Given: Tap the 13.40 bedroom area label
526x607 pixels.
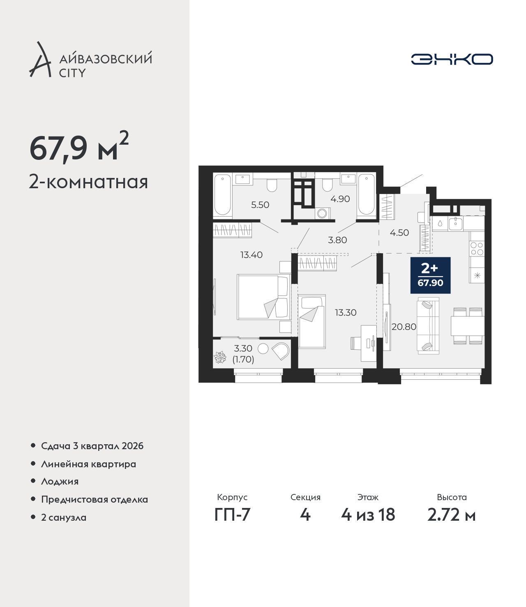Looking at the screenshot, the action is (x=251, y=255).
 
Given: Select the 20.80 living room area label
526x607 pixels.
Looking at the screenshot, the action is (x=404, y=327).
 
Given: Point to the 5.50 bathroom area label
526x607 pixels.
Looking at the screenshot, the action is (x=260, y=205).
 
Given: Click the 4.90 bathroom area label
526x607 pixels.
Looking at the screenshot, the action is (x=340, y=199).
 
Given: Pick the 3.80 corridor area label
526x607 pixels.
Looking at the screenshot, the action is (x=337, y=240).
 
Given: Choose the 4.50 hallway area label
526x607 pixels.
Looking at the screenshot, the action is (x=399, y=233).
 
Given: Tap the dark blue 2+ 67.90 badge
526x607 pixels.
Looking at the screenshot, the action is (x=430, y=275).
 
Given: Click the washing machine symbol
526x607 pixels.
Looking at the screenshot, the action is (x=323, y=213).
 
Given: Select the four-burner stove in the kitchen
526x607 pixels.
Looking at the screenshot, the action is (x=477, y=248).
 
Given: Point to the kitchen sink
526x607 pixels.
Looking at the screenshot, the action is (x=455, y=224).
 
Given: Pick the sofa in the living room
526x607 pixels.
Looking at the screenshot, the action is (x=428, y=325).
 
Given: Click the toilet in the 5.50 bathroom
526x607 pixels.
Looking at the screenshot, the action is (x=272, y=185).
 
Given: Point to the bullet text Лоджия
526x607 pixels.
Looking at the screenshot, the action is (x=60, y=482).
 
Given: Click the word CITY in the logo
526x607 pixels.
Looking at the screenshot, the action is (x=72, y=73).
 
